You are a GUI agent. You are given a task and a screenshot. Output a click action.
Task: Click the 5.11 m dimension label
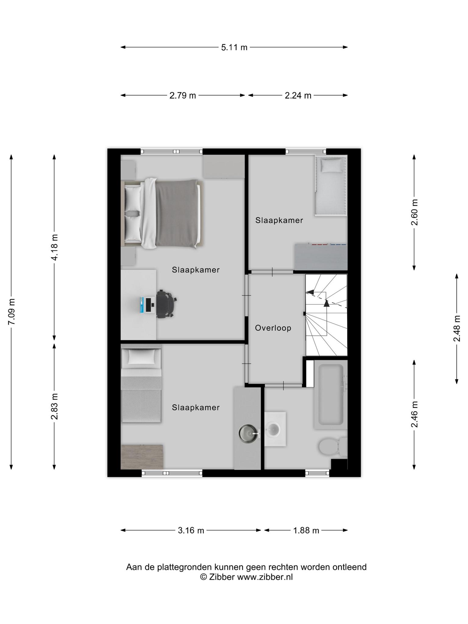click(x=234, y=47)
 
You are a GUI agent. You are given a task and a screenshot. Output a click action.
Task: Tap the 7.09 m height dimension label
click(x=11, y=312)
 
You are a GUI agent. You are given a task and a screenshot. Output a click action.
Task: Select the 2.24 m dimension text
click(x=298, y=95)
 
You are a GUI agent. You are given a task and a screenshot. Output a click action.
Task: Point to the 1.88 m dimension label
click(x=306, y=530)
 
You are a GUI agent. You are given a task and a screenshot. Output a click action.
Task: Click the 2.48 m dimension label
click(x=457, y=328)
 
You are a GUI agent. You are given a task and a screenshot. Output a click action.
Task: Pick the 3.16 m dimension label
click(x=191, y=530)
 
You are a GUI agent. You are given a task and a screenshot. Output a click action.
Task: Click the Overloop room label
click(x=273, y=328)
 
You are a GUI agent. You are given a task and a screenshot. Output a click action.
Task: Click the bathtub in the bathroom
click(x=331, y=395)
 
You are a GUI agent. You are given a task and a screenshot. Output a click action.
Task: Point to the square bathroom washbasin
click(x=275, y=429)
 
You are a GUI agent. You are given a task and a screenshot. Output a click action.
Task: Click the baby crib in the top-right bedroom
click(x=331, y=186)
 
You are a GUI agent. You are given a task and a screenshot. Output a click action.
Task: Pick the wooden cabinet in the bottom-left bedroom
click(x=142, y=457)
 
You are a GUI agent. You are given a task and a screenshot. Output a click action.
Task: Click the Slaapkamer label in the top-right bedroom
click(x=279, y=220)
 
